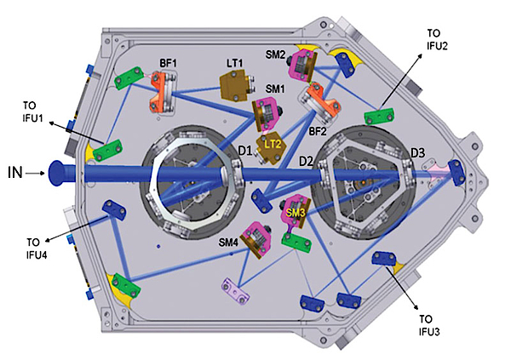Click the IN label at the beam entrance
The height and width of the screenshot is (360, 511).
tap(15, 173)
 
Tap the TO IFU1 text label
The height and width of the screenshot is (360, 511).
tap(32, 111)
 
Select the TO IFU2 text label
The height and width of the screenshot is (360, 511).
tap(438, 39)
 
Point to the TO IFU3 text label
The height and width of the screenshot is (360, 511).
tap(429, 325)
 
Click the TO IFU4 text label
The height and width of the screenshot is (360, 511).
tap(37, 249)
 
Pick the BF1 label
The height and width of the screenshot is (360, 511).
tap(168, 63)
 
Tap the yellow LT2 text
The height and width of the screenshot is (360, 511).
tap(273, 144)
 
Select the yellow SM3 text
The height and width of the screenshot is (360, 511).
tap(296, 213)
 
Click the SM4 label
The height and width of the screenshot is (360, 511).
tap(228, 243)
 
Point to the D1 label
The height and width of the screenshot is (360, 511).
tap(245, 151)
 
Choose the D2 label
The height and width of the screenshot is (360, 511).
tap(306, 161)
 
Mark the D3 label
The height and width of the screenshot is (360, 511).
tap(417, 153)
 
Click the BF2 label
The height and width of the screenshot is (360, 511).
tap(318, 131)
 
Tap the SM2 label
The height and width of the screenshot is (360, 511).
tap(275, 54)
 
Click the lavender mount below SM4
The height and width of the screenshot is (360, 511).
tap(236, 290)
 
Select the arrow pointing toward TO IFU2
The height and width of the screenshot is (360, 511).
tap(401, 82)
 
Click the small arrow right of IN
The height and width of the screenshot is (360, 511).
tap(35, 174)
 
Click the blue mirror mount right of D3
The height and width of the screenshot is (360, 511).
tap(456, 173)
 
